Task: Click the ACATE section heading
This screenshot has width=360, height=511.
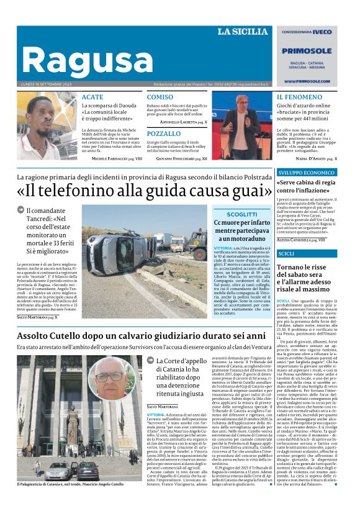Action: point(92,97)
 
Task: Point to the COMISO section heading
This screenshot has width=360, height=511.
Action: point(160,97)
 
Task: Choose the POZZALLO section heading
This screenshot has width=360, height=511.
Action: point(164,133)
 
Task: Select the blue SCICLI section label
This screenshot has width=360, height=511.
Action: point(287,253)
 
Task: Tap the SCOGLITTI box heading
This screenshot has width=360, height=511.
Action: point(241,214)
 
